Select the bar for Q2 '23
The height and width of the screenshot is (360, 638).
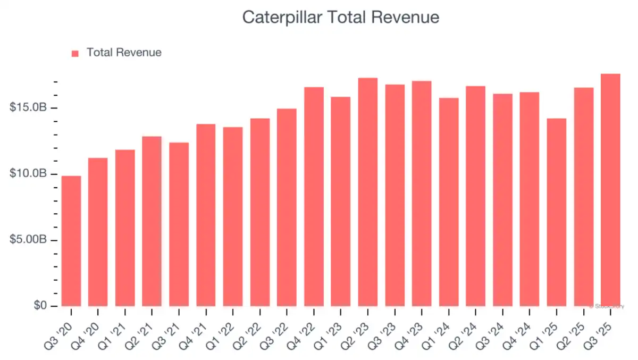click(x=368, y=192)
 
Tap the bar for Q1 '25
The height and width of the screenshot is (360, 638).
click(x=557, y=212)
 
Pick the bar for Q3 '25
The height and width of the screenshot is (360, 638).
click(x=610, y=190)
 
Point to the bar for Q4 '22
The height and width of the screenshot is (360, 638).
click(x=314, y=197)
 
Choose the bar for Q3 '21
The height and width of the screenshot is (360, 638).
click(x=179, y=224)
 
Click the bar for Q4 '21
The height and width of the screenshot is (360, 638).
click(x=206, y=215)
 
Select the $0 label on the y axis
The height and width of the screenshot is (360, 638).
click(x=40, y=306)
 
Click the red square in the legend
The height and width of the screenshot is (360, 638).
click(x=75, y=53)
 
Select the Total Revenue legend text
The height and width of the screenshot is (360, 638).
click(x=124, y=53)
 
